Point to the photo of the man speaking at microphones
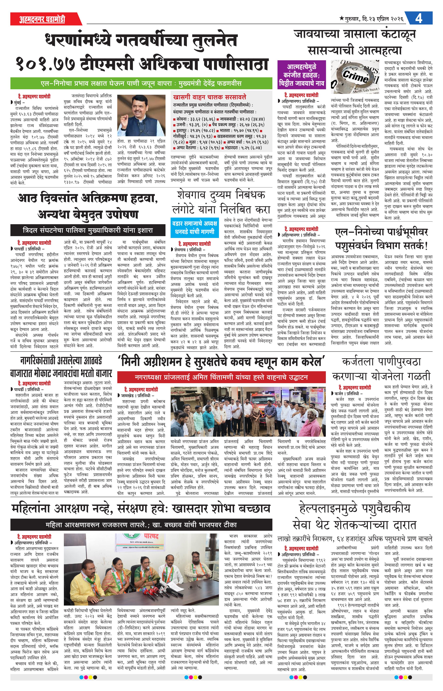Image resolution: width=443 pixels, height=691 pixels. click(141, 115)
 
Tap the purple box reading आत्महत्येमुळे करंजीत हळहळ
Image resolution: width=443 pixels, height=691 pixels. click(302, 75)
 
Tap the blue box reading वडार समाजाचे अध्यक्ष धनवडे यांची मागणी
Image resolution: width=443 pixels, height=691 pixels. click(194, 227)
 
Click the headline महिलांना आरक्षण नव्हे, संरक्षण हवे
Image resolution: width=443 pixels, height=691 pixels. click(141, 509)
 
